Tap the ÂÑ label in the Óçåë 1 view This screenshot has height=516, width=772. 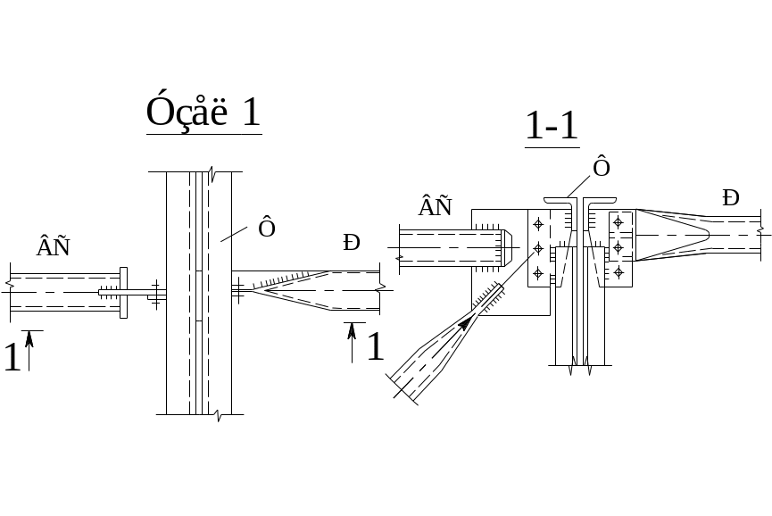coord(53,247)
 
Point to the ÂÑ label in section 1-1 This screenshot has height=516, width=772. coord(435,208)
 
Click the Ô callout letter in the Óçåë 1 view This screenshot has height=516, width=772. coord(266,229)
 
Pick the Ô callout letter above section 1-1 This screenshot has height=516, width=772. coord(602,168)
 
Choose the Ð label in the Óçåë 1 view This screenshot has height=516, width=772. coord(352,242)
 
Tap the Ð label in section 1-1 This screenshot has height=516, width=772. coord(731,198)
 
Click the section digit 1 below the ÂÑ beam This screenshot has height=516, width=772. coord(12,357)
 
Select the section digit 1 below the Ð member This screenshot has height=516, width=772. coord(376,346)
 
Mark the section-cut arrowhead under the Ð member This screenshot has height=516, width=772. coord(352,329)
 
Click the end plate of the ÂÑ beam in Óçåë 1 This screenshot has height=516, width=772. coord(123,292)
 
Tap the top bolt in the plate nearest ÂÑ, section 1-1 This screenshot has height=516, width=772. coord(538,223)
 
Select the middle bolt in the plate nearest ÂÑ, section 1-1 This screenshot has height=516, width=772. coord(538,248)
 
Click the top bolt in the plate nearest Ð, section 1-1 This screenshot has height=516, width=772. coord(618,221)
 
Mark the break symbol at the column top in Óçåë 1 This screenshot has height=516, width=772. coord(211,171)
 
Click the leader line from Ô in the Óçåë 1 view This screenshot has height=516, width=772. coord(237,235)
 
